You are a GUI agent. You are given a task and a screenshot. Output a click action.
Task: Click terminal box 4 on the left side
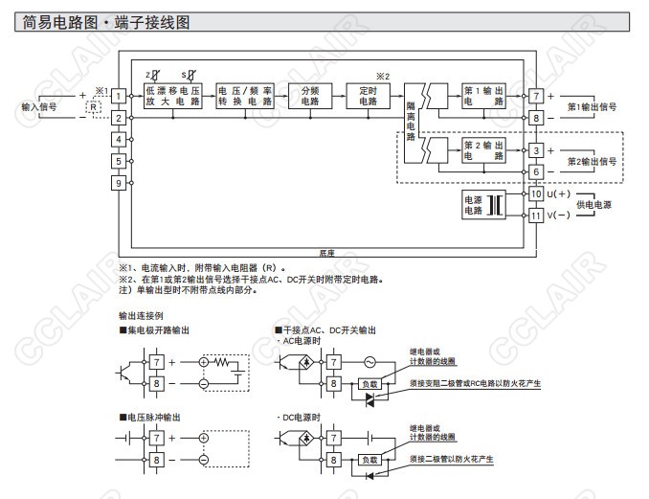(x=118, y=140)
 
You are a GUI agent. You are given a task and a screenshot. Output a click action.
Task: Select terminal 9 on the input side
(x=118, y=183)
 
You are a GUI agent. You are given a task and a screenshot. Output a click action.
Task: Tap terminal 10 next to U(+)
(x=536, y=194)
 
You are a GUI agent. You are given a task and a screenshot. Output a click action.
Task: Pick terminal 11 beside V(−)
(x=536, y=215)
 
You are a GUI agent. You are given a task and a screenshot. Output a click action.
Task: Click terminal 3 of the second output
(x=536, y=151)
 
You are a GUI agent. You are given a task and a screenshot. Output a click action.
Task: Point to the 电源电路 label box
(x=474, y=205)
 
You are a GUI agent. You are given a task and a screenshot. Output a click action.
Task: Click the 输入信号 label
(x=38, y=107)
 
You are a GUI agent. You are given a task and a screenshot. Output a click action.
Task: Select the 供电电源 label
(x=593, y=205)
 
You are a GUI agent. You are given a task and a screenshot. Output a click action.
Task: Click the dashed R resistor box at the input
(x=93, y=107)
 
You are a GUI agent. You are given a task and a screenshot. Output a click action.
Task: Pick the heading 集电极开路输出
(x=158, y=329)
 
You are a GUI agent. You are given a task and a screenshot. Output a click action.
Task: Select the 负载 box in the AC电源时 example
(x=369, y=383)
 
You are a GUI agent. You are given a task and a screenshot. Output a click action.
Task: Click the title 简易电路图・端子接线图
(x=106, y=21)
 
